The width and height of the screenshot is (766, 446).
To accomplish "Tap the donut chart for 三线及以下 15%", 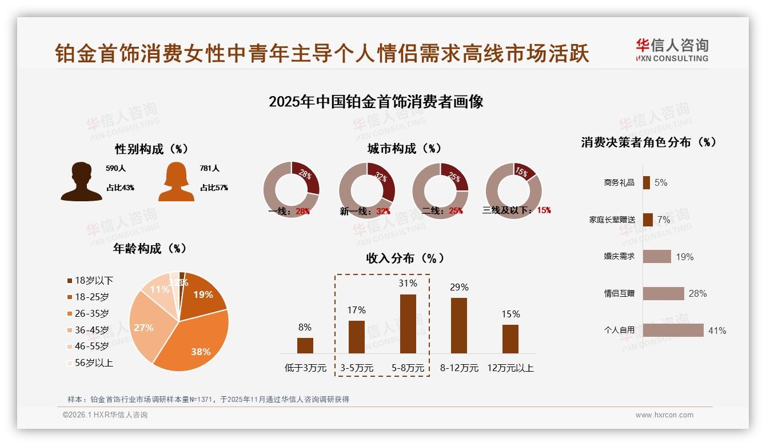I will (x=513, y=190).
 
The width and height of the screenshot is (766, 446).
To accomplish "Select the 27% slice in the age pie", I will (x=145, y=327).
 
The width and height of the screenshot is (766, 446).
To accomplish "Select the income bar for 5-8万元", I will (x=408, y=324).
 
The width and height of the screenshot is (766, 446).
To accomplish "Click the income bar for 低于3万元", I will (x=305, y=345).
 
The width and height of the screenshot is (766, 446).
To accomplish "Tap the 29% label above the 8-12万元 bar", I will (x=459, y=287).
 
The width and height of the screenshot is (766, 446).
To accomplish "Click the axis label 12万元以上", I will (x=510, y=368).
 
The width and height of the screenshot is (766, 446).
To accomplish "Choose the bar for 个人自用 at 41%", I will (x=673, y=330).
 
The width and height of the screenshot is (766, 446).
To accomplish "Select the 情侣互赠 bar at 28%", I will (x=663, y=293).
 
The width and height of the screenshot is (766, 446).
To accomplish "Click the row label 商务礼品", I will (x=619, y=182).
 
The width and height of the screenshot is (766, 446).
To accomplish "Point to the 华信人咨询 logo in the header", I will (x=672, y=50).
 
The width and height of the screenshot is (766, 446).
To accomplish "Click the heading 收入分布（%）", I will (x=405, y=258).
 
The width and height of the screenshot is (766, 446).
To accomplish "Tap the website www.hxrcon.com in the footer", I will (x=664, y=415).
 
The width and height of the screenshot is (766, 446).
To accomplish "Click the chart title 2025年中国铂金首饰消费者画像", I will (x=376, y=102).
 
